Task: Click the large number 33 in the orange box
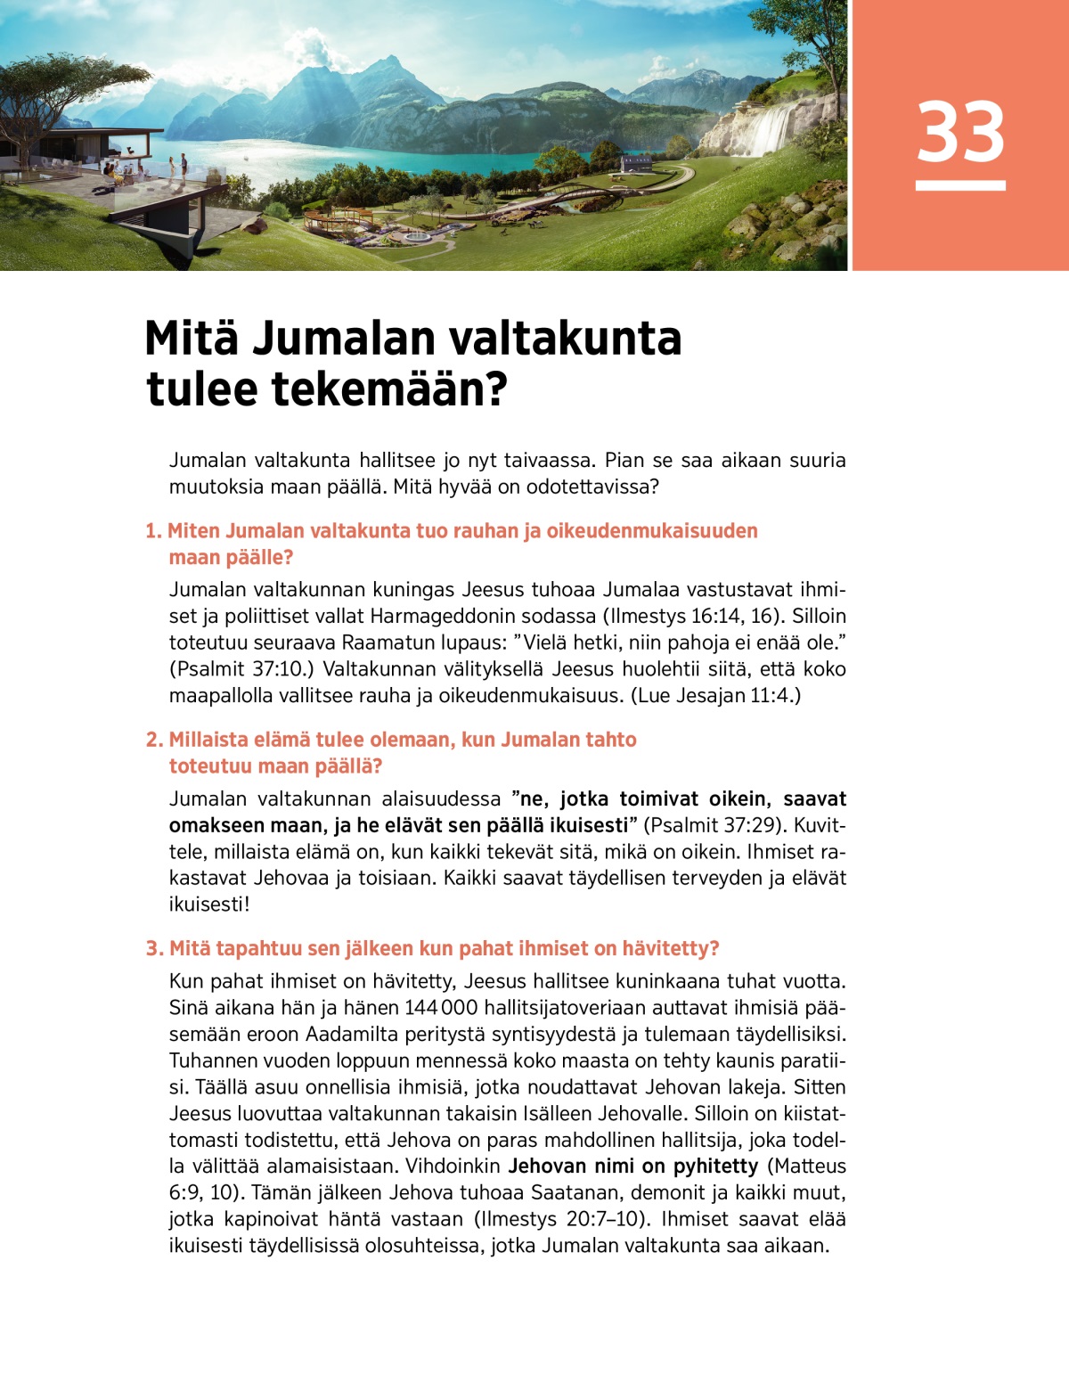[x=960, y=132]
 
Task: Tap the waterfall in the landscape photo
[x=771, y=128]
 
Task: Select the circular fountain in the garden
[x=416, y=237]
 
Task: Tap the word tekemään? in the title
[x=388, y=389]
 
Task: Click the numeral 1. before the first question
[x=153, y=531]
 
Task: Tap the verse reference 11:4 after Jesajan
[x=770, y=695]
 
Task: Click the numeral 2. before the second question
[x=154, y=740]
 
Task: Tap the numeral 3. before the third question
[x=154, y=948]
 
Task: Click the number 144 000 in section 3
[x=441, y=1008]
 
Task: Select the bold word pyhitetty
[x=715, y=1166]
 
